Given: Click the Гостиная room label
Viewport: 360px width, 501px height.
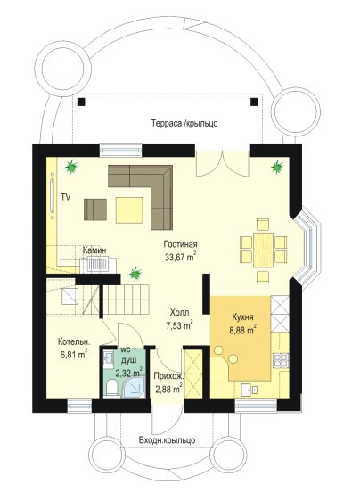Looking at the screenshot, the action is coord(181,244).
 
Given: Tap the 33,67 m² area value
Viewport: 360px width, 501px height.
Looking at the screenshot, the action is coord(181,257).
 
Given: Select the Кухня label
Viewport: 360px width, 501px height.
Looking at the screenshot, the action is coord(242,317).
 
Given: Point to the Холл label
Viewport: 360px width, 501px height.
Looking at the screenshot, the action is coord(179,312).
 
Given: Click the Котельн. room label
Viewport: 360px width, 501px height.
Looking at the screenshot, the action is coord(74,342).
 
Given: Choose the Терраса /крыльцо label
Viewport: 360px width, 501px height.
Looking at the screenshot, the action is coord(184,123).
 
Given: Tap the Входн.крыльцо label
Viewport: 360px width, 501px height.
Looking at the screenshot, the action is coord(167,440).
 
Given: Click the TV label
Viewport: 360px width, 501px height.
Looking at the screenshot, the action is coord(65,197).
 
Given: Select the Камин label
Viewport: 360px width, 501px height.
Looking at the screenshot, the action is coord(94,250).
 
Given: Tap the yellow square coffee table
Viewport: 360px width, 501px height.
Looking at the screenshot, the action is coord(129,209).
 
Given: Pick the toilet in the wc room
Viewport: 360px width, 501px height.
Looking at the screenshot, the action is coord(111,388).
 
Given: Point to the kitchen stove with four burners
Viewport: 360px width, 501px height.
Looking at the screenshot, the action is coord(281,361).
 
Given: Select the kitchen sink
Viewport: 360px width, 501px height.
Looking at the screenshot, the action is coord(250,390).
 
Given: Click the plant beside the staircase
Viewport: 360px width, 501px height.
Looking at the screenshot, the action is coord(135,274).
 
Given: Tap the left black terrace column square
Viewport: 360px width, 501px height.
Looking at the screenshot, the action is coord(82,102).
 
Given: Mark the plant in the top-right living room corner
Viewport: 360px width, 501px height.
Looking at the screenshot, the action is coord(276,166).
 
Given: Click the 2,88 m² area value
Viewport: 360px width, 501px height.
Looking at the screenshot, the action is coord(169,389).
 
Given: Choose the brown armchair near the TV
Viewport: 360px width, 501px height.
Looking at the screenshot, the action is coord(95,209).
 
